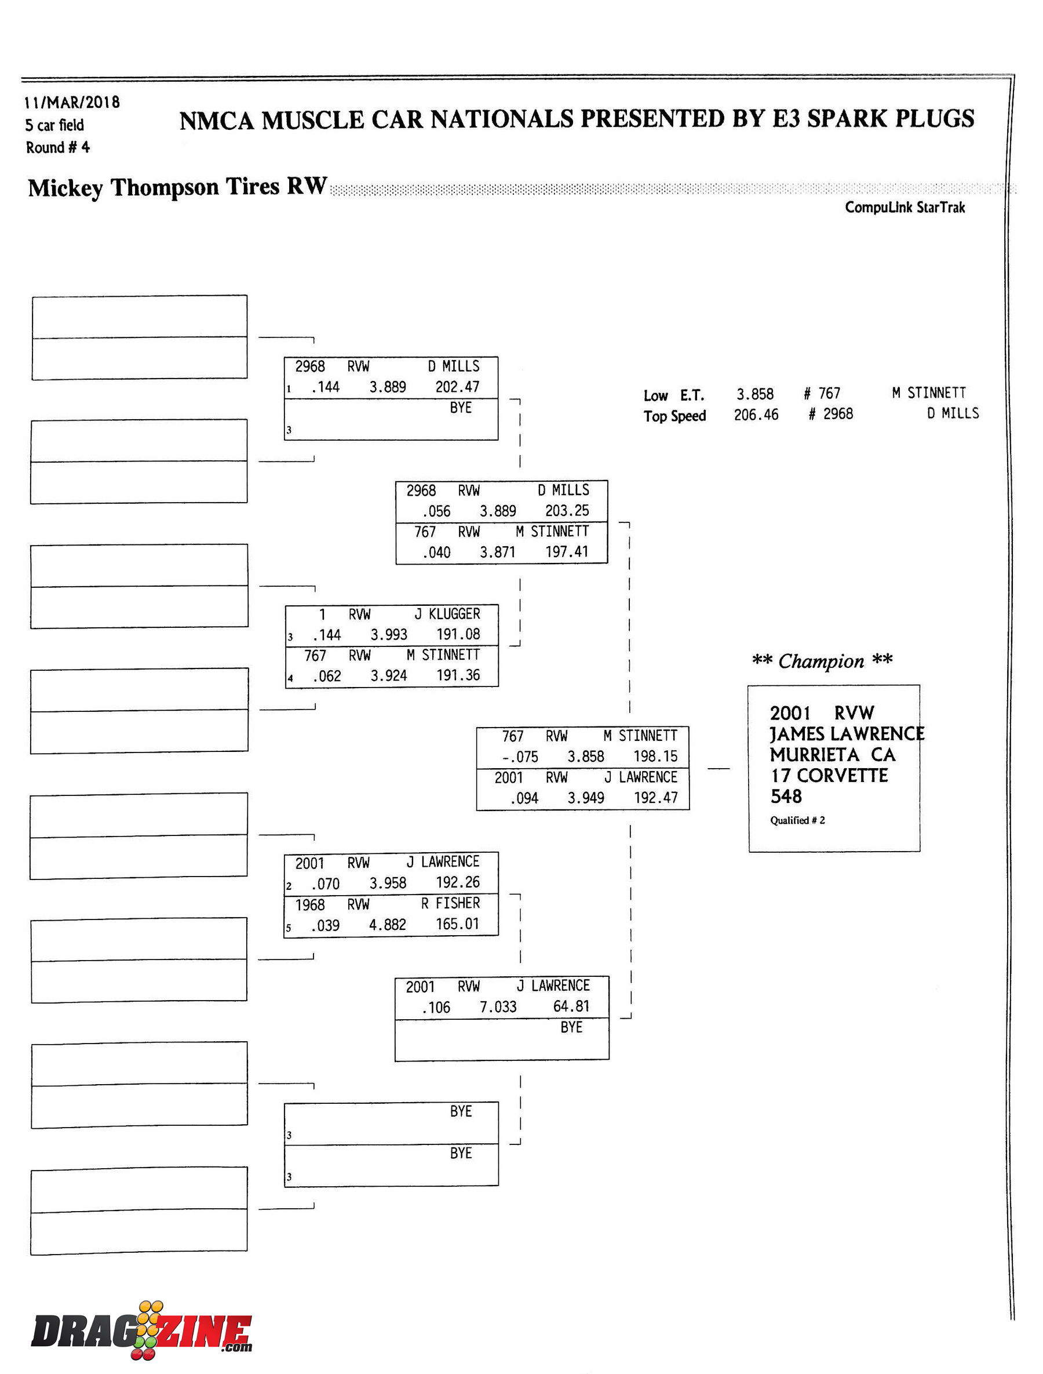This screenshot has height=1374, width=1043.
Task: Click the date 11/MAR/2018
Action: coord(72,103)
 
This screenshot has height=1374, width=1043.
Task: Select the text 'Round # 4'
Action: coord(58,148)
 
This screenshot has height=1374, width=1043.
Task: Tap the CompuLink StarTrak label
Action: coord(905,208)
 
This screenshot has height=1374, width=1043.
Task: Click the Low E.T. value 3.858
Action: coord(755,394)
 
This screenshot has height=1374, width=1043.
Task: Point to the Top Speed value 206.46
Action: coord(756,415)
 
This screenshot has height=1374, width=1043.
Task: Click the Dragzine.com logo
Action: coord(141,1331)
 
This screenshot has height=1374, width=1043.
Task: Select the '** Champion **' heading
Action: coord(822,661)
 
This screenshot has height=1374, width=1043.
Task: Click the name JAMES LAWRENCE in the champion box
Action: coord(847,734)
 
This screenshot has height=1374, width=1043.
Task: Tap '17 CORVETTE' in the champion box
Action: coord(829,776)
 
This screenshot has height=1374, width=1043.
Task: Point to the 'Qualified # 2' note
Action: coord(798,820)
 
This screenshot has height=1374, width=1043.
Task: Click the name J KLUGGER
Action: coord(447,615)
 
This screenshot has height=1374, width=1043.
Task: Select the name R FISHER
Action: coord(450,903)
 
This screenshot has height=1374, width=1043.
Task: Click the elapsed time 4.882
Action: coord(388,925)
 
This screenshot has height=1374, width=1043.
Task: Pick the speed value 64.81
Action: coord(571,1006)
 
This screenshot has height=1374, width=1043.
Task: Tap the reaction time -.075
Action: coord(520,757)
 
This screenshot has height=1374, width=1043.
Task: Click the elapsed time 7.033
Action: coord(498,1007)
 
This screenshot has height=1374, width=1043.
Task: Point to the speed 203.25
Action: coord(567,511)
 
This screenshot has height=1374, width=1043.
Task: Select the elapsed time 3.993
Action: coord(389,634)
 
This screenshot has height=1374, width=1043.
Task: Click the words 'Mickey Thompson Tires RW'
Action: coord(177,187)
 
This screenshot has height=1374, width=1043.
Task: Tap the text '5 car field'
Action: coord(54,125)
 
